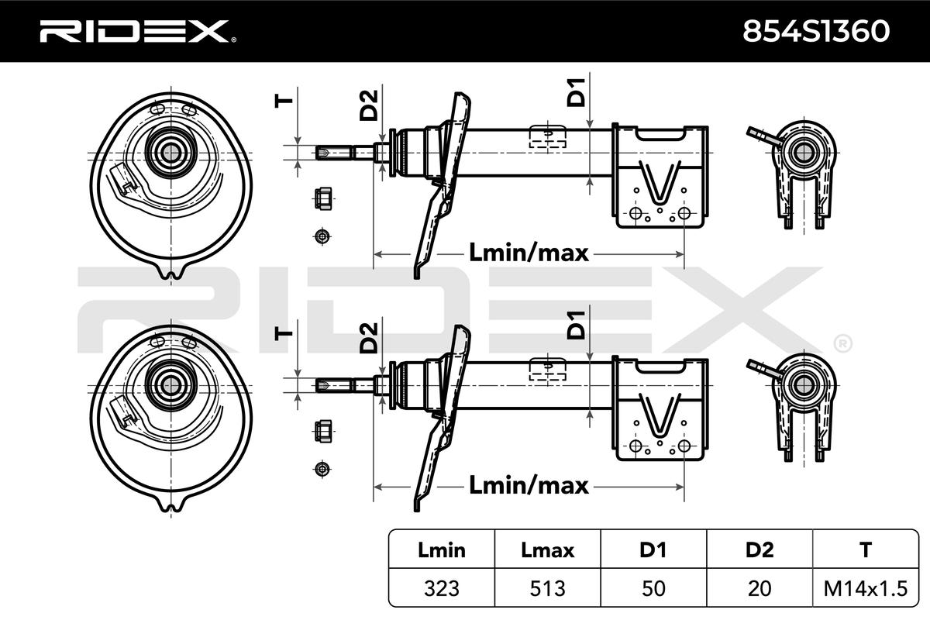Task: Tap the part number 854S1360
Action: (x=817, y=31)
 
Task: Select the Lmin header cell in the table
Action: (x=442, y=550)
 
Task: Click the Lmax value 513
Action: (x=547, y=587)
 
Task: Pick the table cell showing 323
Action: (x=442, y=587)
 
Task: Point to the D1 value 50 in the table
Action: (x=653, y=587)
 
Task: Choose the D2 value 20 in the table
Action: (x=759, y=587)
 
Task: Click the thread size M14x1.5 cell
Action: (x=865, y=587)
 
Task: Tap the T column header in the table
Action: (x=865, y=550)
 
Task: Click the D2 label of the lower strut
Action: (x=369, y=338)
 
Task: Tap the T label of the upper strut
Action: (x=284, y=98)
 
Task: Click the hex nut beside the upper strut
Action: (x=324, y=200)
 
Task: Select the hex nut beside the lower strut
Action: (x=324, y=431)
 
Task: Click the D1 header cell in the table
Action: (x=653, y=550)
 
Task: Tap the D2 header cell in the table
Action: (x=759, y=550)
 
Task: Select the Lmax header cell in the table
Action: (x=547, y=550)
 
